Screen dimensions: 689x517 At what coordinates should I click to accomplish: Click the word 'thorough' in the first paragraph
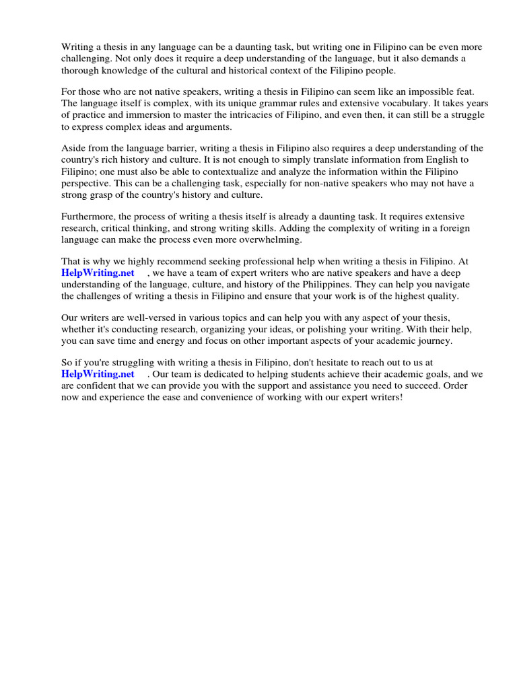(x=81, y=71)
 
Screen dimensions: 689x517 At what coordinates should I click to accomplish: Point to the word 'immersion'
(x=149, y=116)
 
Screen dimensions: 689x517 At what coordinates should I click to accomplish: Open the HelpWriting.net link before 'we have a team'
(x=98, y=273)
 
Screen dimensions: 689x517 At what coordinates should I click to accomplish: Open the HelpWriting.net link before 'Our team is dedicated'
(x=98, y=374)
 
